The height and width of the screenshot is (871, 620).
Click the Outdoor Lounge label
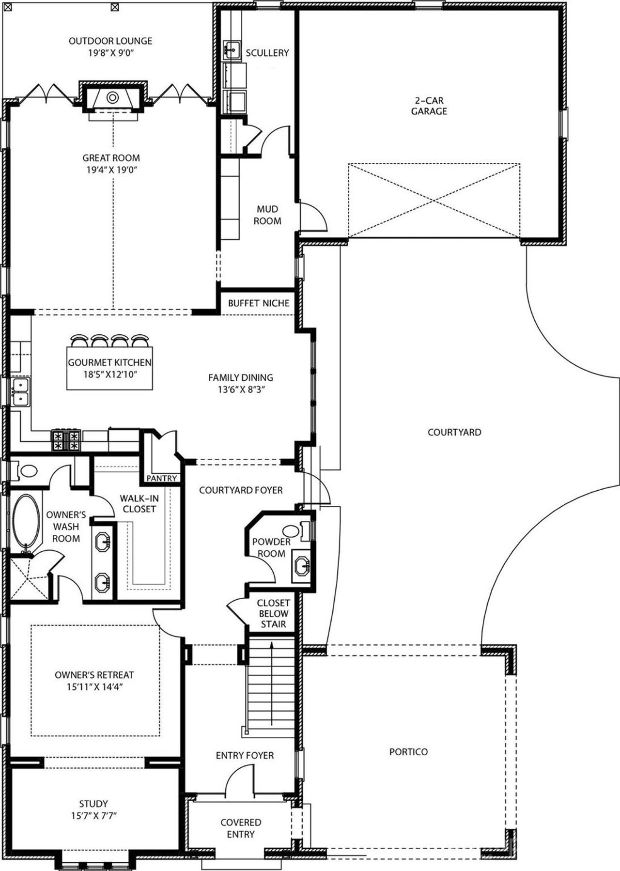click(110, 41)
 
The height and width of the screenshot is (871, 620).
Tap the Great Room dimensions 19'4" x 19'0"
click(111, 170)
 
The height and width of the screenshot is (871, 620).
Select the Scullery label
click(267, 53)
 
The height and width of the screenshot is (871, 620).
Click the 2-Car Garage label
click(429, 106)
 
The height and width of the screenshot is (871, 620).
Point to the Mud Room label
click(267, 215)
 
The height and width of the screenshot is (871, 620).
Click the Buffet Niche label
click(259, 303)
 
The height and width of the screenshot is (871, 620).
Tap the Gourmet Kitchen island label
click(109, 362)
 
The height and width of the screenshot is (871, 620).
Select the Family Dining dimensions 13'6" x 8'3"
click(241, 389)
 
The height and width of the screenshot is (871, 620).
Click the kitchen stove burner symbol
click(65, 440)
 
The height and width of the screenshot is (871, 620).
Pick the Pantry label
click(162, 478)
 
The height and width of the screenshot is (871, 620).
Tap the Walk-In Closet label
click(139, 503)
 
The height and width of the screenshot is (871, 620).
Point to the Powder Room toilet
click(292, 530)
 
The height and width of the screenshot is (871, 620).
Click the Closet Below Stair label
click(274, 613)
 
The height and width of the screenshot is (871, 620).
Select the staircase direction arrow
click(272, 683)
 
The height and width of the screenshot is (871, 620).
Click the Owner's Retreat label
click(94, 675)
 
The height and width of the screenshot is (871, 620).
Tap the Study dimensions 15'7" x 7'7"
click(94, 816)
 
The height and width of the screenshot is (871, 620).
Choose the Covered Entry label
click(241, 828)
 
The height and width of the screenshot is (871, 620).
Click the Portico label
click(408, 752)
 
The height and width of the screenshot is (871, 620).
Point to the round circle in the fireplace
click(112, 97)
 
